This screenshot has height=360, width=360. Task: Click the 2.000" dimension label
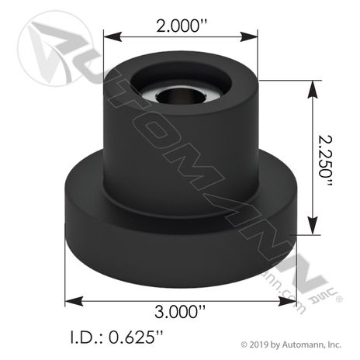pos(182,26)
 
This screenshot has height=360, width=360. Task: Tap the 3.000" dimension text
pos(180,311)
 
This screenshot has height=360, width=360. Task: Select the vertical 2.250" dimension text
pos(325,161)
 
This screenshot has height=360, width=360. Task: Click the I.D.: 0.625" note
pos(116,337)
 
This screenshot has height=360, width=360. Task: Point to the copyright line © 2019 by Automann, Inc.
pos(291,344)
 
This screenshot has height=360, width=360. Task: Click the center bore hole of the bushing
pos(180,95)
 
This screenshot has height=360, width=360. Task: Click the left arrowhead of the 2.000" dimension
pos(112,36)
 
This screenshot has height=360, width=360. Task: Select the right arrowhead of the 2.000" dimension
pos(249,36)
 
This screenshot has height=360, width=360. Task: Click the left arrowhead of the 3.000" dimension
pos(74,301)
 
